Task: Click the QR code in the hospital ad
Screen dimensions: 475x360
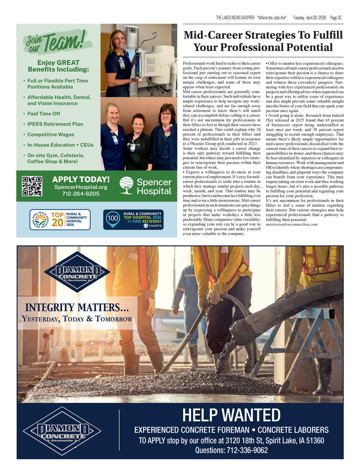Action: (x=32, y=186)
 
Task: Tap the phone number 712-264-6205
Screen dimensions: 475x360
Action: (x=81, y=194)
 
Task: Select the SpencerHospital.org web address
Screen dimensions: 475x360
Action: (x=81, y=187)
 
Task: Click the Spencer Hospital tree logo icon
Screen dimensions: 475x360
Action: (x=126, y=185)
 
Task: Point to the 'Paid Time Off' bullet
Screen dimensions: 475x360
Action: (x=44, y=114)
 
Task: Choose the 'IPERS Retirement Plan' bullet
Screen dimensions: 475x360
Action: (x=55, y=124)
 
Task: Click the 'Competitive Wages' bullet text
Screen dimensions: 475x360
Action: (x=51, y=135)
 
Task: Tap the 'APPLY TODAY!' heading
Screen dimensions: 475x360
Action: (x=81, y=179)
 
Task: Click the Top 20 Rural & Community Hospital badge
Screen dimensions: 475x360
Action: (x=60, y=220)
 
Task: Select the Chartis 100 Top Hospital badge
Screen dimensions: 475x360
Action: (x=133, y=220)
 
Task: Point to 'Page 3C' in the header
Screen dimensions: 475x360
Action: (x=336, y=18)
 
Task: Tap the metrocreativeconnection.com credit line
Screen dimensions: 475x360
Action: (x=292, y=224)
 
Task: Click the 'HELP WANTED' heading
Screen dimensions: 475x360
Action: (x=231, y=415)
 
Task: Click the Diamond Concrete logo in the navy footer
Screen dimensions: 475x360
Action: (x=62, y=430)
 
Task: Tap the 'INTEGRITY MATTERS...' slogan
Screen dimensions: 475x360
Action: (x=76, y=308)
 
